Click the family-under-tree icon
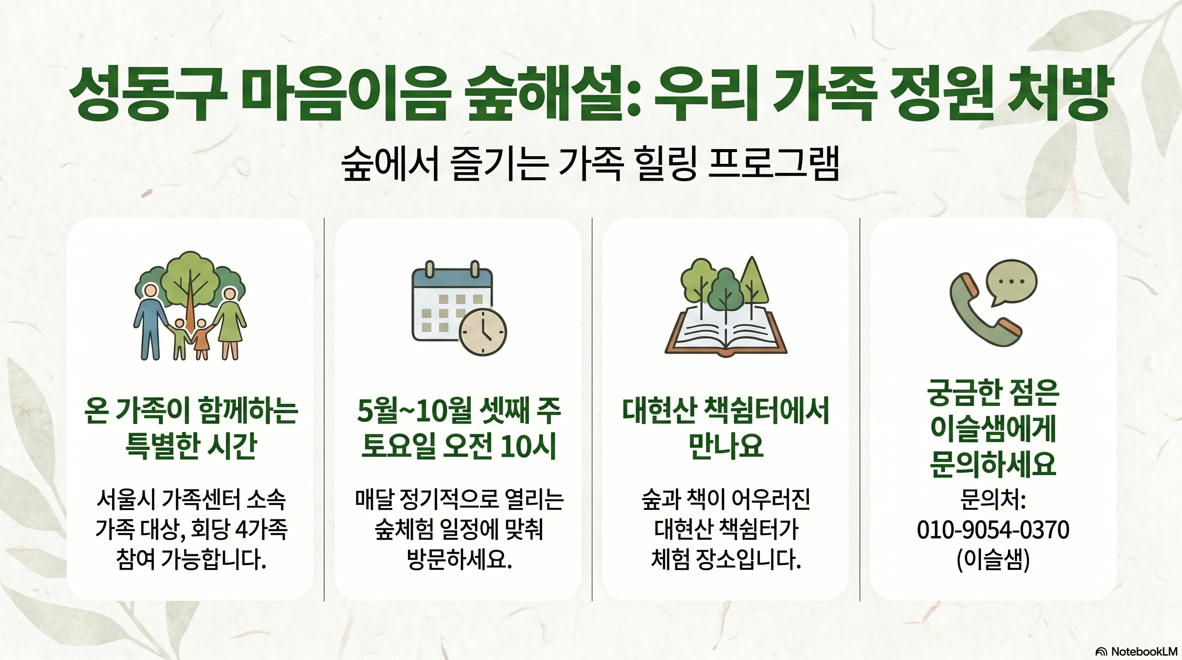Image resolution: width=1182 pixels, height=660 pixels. pos(190,305)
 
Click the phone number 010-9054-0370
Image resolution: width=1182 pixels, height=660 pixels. pos(993,530)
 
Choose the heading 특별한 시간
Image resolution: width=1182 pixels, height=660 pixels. pos(190,446)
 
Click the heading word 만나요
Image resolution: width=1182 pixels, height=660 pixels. pos(725,446)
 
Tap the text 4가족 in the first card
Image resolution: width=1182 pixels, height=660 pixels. pos(261,530)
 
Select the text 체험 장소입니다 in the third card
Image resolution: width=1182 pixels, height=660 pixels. pos(725,559)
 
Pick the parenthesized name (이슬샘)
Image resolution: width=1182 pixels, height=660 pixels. pos(993,559)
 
